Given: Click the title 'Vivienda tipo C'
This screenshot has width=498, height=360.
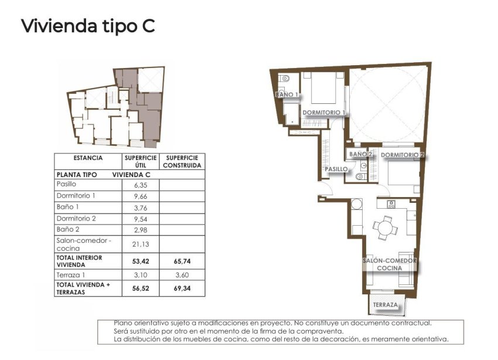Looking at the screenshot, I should pos(88,26).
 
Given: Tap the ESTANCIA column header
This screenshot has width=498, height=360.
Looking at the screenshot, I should pos(88,158).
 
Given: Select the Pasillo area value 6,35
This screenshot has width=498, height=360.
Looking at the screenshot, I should pos(141,184).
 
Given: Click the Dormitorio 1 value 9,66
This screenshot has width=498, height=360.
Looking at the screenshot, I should pos(141,196).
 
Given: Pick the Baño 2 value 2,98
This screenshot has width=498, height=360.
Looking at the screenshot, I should pos(141,229).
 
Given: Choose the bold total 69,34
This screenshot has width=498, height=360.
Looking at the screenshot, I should pos(182,288).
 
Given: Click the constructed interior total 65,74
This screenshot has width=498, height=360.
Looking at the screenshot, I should pos(182,261).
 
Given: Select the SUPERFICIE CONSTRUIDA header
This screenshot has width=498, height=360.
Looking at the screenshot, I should pos(182,161).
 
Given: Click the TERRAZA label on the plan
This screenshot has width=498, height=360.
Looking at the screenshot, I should pos(385,305).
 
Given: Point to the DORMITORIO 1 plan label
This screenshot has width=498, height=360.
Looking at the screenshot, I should pos(323,112).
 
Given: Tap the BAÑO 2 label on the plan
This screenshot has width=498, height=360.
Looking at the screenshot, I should pos(361,155).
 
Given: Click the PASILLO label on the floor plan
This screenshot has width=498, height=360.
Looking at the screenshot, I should pos(337,169).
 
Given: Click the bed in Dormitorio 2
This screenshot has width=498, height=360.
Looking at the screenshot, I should pos(404,175).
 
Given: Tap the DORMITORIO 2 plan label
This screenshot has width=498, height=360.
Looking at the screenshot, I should pos(403,155).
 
